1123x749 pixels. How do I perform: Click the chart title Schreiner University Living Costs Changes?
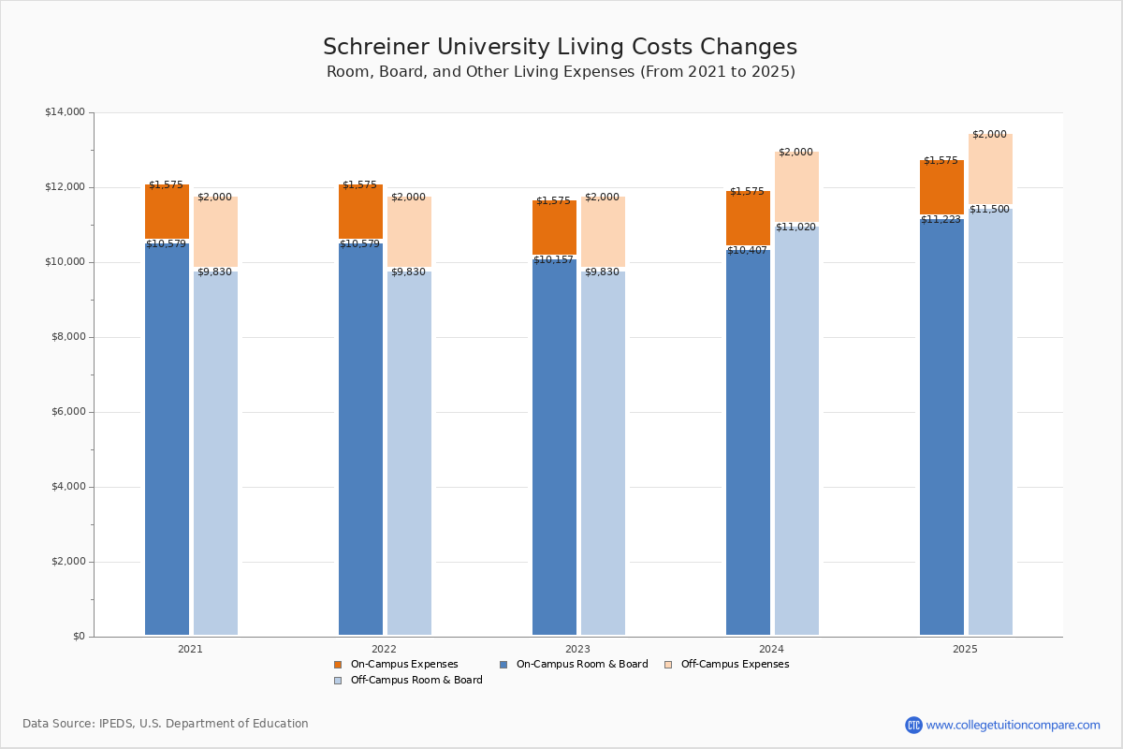(x=560, y=47)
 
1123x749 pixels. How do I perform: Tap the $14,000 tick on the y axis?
(x=66, y=111)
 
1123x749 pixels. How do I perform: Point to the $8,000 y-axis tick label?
(x=68, y=337)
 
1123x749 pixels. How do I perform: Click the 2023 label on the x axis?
(x=577, y=649)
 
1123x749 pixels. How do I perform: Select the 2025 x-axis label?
(x=965, y=649)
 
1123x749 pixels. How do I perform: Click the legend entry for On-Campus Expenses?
(x=396, y=664)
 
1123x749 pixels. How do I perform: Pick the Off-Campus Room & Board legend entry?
(x=408, y=681)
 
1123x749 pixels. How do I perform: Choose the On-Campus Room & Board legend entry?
(x=574, y=664)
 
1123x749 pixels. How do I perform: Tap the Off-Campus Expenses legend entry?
(x=726, y=664)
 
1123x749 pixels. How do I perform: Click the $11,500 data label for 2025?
(x=989, y=209)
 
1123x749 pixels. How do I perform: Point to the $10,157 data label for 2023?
(x=553, y=260)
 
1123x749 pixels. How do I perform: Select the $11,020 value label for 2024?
(x=795, y=227)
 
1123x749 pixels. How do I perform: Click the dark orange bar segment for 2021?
(x=167, y=212)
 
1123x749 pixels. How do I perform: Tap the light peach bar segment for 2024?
(x=796, y=186)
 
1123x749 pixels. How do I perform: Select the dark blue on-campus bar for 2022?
(x=360, y=439)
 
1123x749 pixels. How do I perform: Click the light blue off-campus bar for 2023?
(x=603, y=453)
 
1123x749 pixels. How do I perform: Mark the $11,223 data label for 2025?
(x=941, y=219)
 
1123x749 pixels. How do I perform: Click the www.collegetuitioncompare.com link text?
(x=1013, y=725)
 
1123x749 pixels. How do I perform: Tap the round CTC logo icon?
(x=913, y=725)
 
